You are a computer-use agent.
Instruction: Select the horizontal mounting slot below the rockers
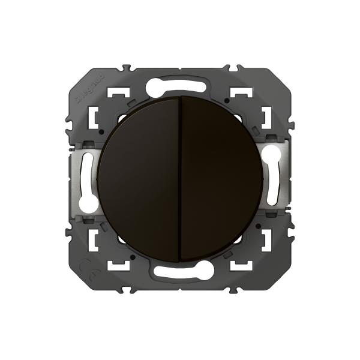(180, 271)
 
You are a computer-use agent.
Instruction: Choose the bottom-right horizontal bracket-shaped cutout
(241, 262)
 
